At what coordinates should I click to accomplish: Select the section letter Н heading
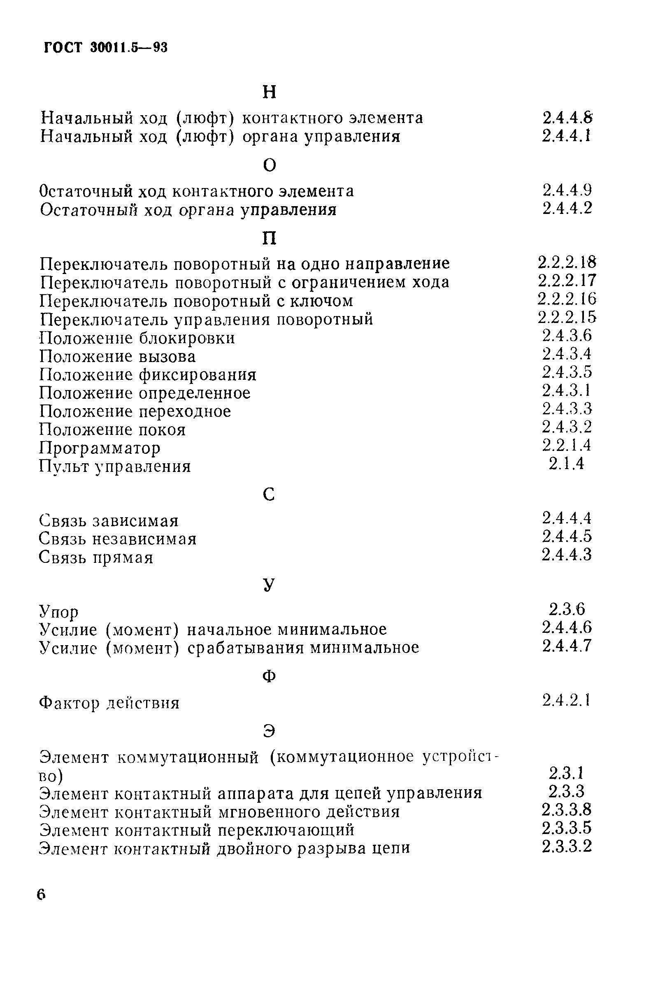tap(270, 92)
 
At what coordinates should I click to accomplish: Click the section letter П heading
tap(270, 238)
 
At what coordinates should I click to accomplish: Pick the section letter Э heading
tap(270, 731)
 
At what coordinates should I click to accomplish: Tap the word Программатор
tap(100, 448)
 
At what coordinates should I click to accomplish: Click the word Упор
tap(59, 612)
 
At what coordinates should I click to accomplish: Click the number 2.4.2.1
tap(567, 700)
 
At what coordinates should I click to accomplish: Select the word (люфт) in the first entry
tap(205, 118)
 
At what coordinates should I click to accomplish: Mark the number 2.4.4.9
tap(567, 190)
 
